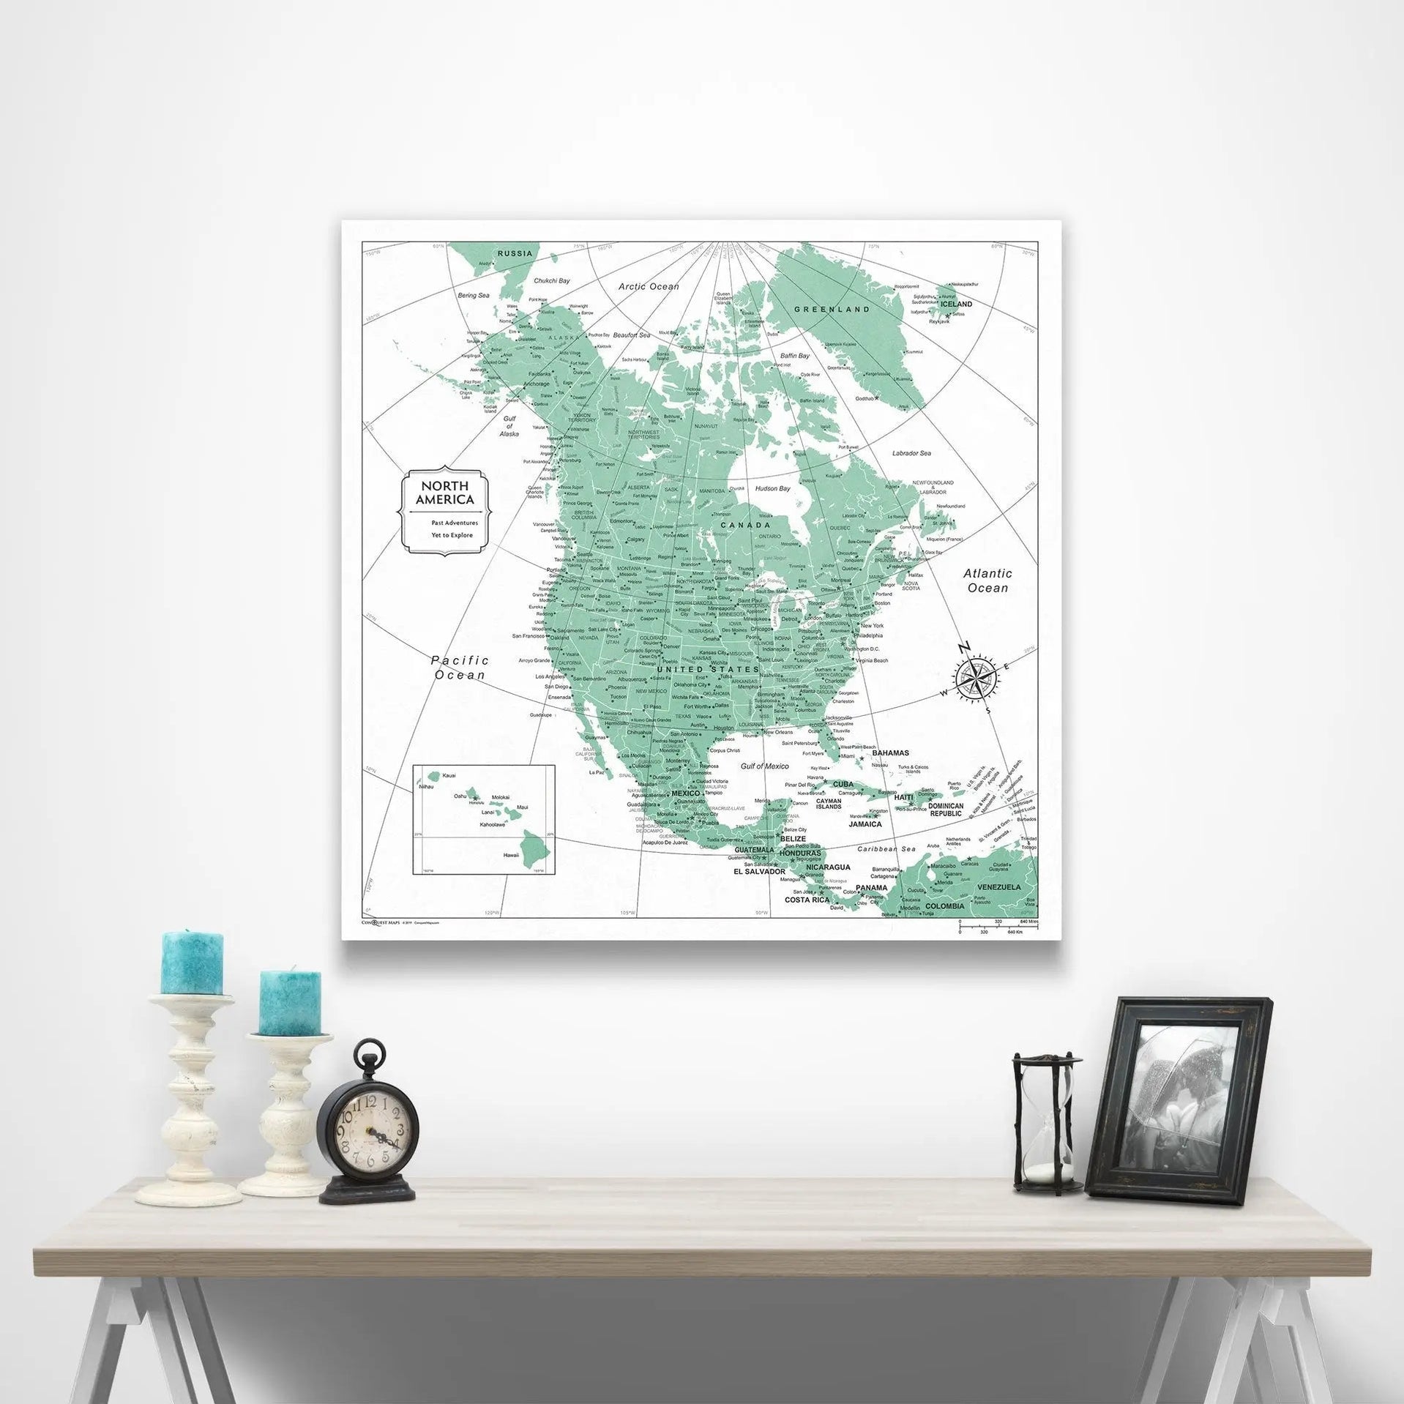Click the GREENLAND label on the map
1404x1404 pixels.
[x=832, y=309]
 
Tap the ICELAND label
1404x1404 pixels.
[x=956, y=304]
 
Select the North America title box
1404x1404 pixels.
[x=444, y=507]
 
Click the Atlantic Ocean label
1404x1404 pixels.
[x=987, y=580]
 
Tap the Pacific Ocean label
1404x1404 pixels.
[x=460, y=667]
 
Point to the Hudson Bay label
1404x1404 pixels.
[x=772, y=488]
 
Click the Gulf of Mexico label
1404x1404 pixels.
[x=764, y=766]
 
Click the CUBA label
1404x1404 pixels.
[x=843, y=784]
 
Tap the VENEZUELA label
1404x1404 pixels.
[x=999, y=887]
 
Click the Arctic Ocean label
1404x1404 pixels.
[x=649, y=286]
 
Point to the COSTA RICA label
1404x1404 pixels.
[x=807, y=899]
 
